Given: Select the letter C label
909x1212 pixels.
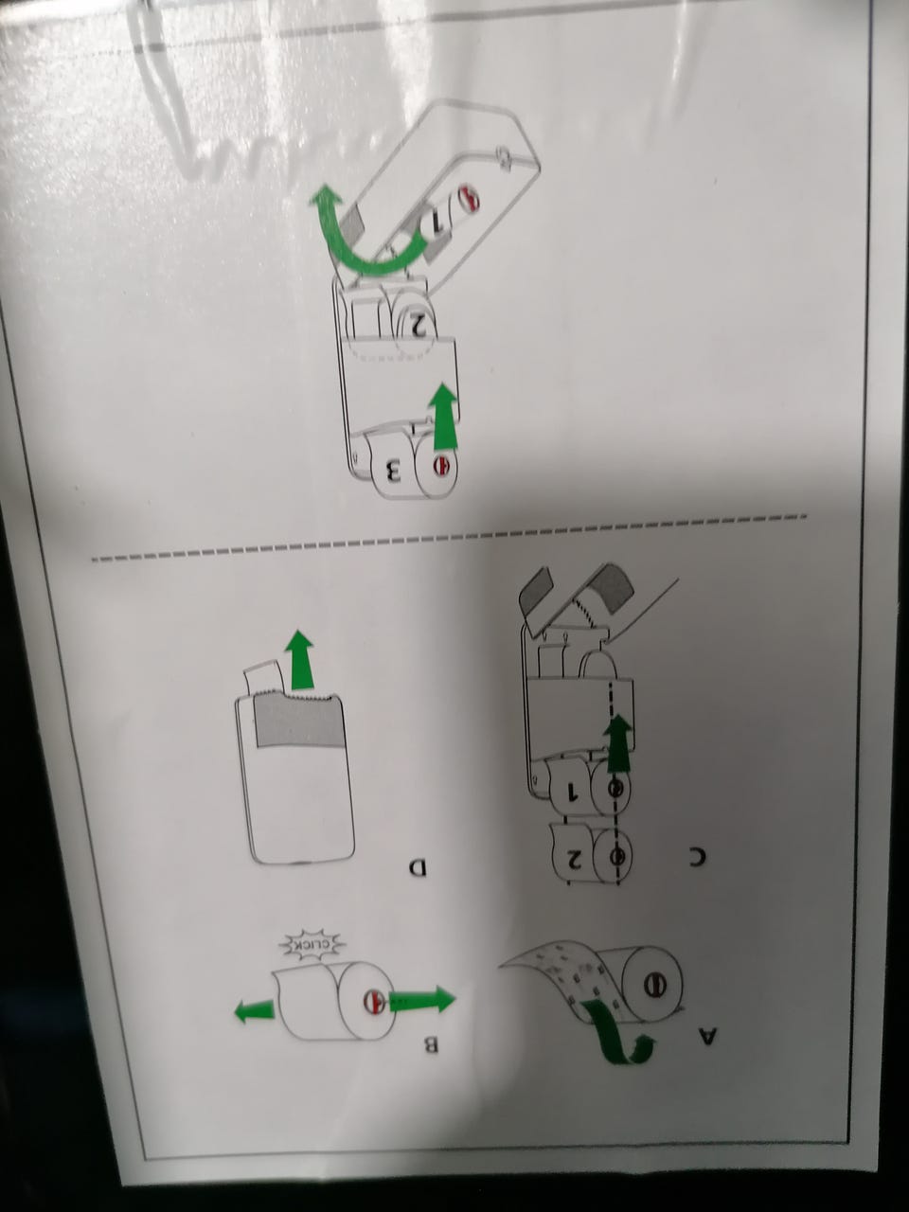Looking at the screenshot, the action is click(698, 872).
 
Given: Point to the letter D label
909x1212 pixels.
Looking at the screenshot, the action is click(418, 866).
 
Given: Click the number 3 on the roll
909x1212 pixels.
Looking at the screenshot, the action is click(392, 471).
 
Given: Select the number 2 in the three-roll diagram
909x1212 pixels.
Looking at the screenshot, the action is click(418, 325).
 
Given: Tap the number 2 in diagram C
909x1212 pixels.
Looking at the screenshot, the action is click(574, 858).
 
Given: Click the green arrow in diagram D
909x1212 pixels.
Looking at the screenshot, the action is click(300, 659).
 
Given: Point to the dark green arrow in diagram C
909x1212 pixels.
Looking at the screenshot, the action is click(617, 742).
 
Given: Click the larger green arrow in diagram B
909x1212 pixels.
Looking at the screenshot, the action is click(422, 998).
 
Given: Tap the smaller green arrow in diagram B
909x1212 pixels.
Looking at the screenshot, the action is click(255, 1010).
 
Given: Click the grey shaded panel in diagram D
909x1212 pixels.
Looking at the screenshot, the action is click(296, 722).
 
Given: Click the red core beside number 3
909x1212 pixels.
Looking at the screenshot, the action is click(440, 466).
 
